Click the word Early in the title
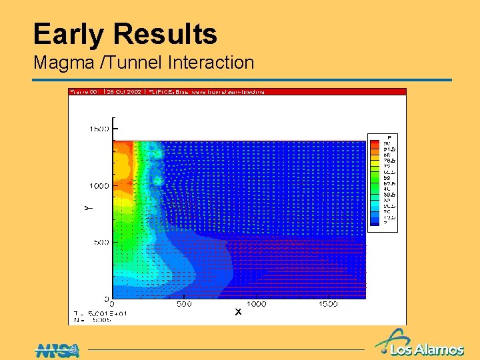[x=70, y=35]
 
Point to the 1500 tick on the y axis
[x=100, y=129]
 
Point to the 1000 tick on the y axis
[x=100, y=185]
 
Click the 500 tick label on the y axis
[x=102, y=242]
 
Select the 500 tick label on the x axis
[x=185, y=304]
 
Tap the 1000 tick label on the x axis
[x=255, y=304]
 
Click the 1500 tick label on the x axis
[x=327, y=304]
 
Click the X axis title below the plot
[x=237, y=311]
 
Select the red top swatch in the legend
[x=375, y=143]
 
